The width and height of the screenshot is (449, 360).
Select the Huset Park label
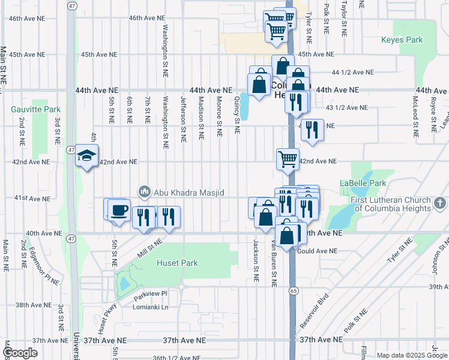177,263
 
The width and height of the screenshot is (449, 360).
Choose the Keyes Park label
402,40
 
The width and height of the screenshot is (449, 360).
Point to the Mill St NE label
150,247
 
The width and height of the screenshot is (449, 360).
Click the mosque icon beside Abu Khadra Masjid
144,192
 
